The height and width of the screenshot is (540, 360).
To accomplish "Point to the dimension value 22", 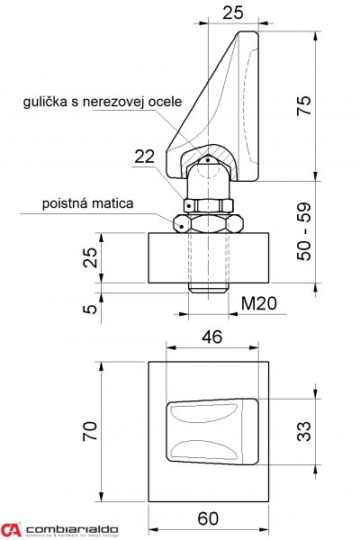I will tap(146, 157).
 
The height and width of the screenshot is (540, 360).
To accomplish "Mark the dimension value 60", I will tap(209, 517).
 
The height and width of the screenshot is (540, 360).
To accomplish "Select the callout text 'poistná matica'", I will tap(88, 204).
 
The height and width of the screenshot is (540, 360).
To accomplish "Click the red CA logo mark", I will tap(11, 529).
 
